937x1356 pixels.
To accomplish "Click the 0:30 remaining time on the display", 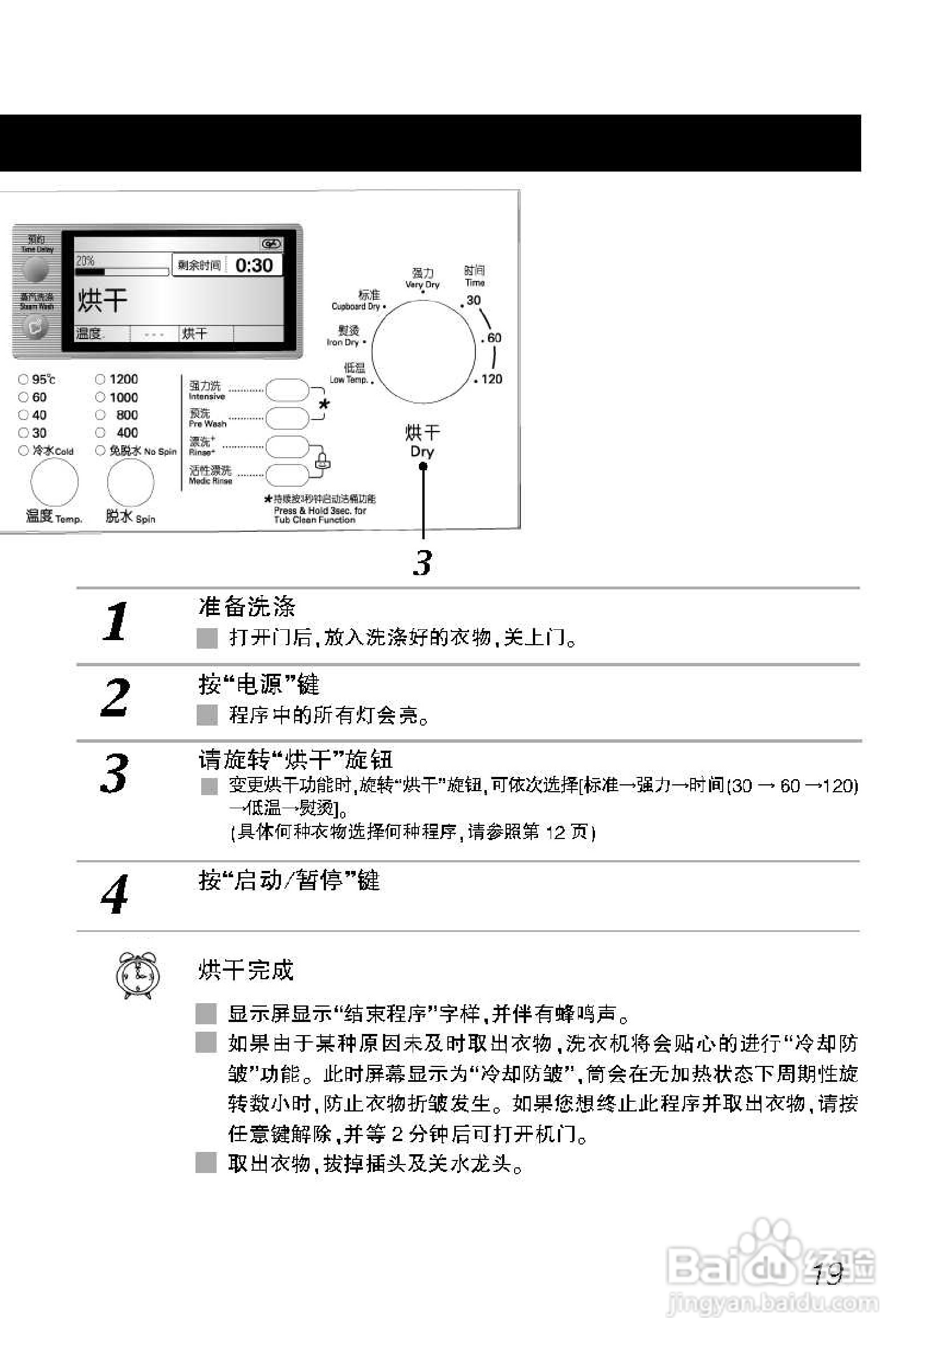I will point(254,266).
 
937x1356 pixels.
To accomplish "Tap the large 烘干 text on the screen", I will point(102,300).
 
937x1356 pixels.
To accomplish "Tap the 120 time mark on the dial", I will point(491,379).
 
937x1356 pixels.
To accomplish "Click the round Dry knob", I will point(423,352).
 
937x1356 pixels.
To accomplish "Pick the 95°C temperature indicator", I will point(23,380).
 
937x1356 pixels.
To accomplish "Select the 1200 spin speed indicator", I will point(100,380).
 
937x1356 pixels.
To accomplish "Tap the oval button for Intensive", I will point(287,390).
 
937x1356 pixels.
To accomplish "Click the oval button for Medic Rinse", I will point(287,475).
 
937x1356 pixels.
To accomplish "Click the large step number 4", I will point(115,894).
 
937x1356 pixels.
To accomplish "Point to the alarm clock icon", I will point(137,975).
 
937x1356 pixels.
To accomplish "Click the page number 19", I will point(828,1274).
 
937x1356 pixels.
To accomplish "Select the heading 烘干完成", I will point(246,970).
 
